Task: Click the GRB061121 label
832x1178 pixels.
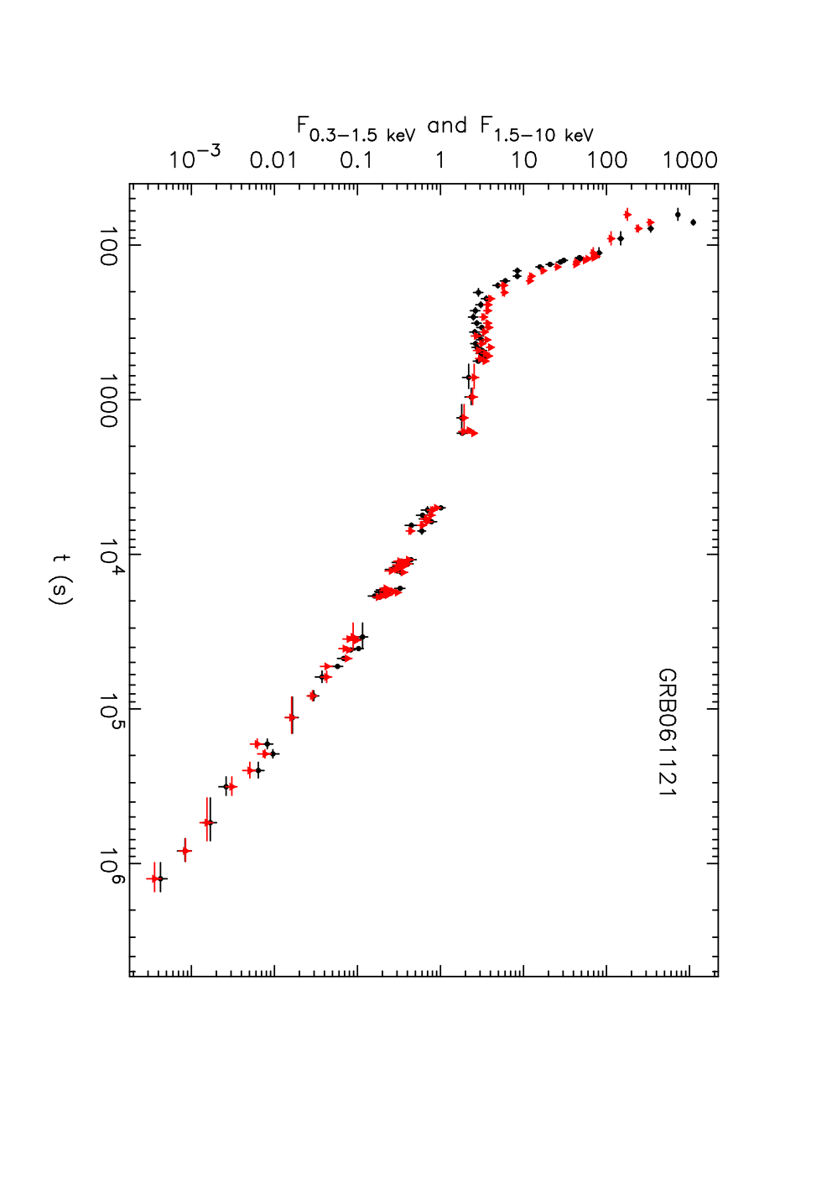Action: [667, 732]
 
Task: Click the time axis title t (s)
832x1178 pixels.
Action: [60, 580]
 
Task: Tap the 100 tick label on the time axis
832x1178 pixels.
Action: [109, 246]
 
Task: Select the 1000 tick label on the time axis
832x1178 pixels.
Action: [109, 401]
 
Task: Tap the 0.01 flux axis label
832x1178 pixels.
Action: [273, 160]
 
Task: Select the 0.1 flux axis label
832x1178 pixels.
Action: [356, 160]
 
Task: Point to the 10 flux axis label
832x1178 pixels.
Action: [523, 160]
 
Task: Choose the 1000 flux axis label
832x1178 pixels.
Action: [689, 160]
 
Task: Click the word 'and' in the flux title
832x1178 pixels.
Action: [447, 126]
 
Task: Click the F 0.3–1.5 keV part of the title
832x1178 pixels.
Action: [356, 129]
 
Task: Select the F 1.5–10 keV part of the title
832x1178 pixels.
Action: [537, 129]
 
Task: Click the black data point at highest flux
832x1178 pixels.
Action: [693, 222]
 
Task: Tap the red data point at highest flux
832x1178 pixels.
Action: [650, 222]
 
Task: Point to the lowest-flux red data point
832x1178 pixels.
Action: [154, 878]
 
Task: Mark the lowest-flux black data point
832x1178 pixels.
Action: [161, 878]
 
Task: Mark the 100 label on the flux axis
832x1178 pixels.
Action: [607, 160]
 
